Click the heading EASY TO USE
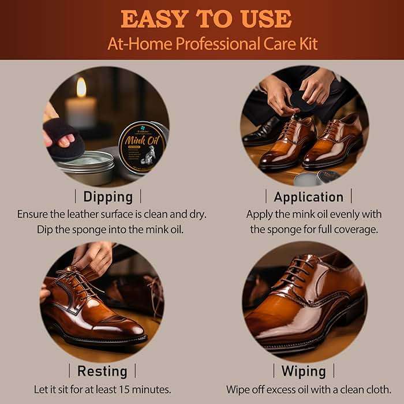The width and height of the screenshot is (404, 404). pyautogui.click(x=206, y=19)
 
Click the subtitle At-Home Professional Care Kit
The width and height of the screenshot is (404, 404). pyautogui.click(x=212, y=44)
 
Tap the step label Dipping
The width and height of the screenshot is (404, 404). pyautogui.click(x=107, y=196)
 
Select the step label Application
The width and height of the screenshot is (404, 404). pyautogui.click(x=308, y=196)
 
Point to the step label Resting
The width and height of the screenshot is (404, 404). pyautogui.click(x=102, y=371)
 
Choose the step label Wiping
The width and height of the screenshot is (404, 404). pyautogui.click(x=303, y=371)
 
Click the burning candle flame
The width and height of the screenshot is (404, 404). pyautogui.click(x=81, y=87)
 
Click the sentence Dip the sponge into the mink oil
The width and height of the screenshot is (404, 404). pyautogui.click(x=111, y=229)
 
